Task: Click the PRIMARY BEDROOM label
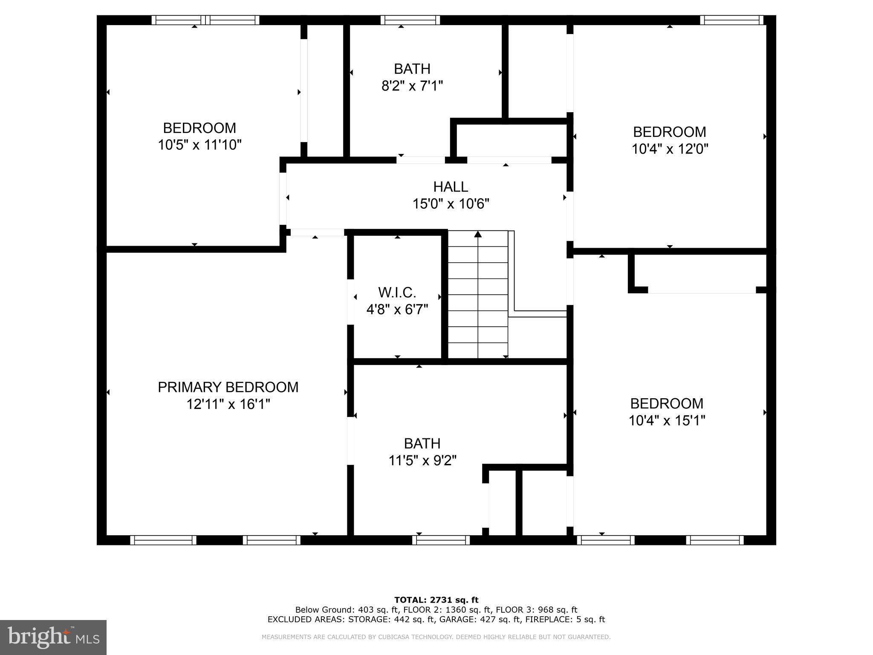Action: tap(228, 387)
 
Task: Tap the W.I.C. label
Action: tap(397, 293)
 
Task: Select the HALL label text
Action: tap(451, 187)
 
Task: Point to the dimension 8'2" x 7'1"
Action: tap(412, 86)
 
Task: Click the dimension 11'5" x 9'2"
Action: tap(422, 461)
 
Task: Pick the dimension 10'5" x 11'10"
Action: tap(199, 145)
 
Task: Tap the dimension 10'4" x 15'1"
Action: tap(667, 420)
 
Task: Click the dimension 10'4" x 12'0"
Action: tap(670, 149)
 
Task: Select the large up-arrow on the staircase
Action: tap(478, 234)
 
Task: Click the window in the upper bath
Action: tap(410, 20)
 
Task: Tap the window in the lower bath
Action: tap(441, 540)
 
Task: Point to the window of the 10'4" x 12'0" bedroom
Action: tap(731, 20)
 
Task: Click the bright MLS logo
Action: tap(53, 637)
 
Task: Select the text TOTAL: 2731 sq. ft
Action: tap(436, 600)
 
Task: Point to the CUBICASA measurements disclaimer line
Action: tap(436, 637)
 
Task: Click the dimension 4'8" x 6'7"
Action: tap(397, 310)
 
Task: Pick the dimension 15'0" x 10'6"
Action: tap(451, 204)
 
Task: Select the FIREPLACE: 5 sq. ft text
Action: tap(565, 620)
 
